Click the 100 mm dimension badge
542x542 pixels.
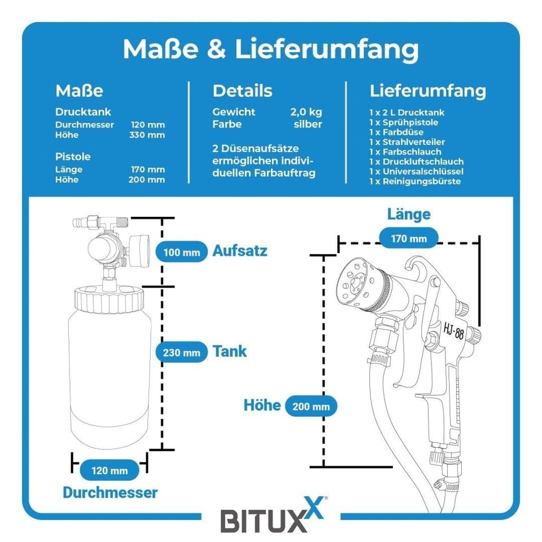tap(181, 252)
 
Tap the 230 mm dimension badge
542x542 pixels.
tap(181, 353)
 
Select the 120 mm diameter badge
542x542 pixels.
tap(110, 470)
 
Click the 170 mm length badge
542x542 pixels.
tap(409, 238)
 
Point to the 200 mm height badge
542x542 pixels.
tap(311, 406)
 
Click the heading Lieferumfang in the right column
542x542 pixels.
tap(427, 91)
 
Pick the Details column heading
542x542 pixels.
tap(242, 91)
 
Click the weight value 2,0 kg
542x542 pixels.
tap(306, 112)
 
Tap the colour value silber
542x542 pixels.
tap(308, 124)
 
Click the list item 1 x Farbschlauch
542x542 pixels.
tap(405, 151)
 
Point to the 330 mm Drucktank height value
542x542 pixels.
tap(148, 135)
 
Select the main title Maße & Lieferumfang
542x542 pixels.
tap(270, 49)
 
